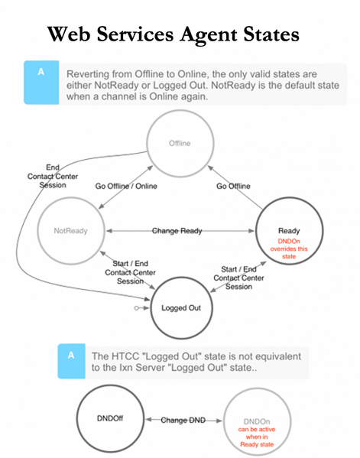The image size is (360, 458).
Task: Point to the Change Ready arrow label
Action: coord(177,231)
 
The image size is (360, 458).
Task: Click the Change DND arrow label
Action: coord(183,420)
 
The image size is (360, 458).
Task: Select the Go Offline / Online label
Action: coord(126,186)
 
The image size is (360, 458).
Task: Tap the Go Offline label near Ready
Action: coord(233,186)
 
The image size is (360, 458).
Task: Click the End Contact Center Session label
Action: coord(53,176)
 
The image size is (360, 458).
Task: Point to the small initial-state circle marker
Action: coord(136,308)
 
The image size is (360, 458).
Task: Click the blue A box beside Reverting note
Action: coord(41,83)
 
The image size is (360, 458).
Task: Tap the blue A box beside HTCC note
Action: coord(71,361)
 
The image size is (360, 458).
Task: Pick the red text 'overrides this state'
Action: coord(289,252)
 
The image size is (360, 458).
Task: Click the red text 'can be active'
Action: coord(257,430)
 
